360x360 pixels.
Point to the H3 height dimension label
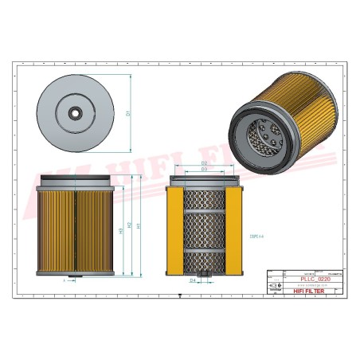pyautogui.click(x=120, y=231)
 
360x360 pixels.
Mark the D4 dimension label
pyautogui.click(x=192, y=280)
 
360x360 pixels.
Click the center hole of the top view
pyautogui.click(x=75, y=113)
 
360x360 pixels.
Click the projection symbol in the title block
pyautogui.click(x=275, y=286)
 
